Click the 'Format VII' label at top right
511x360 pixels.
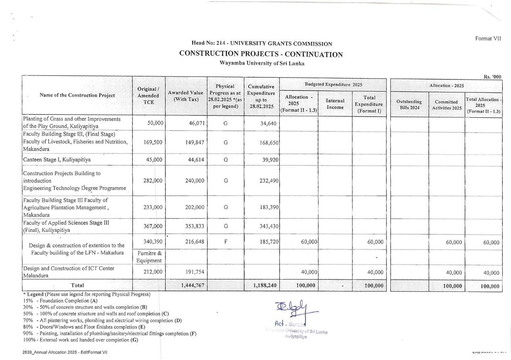tap(488, 39)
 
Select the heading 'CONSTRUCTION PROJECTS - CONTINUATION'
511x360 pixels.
tap(261, 54)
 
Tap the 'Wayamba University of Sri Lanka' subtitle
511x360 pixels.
tap(261, 63)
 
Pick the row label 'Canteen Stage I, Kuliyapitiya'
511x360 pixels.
tap(57, 159)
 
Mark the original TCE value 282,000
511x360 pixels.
tap(153, 181)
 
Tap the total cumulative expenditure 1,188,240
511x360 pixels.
tap(264, 286)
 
